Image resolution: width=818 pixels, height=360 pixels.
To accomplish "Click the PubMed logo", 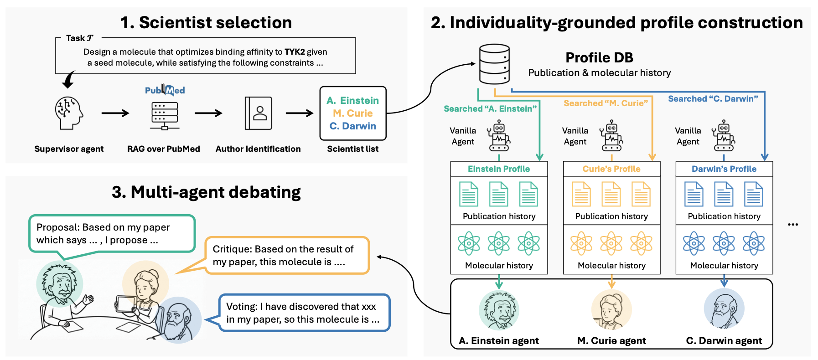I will pyautogui.click(x=165, y=90).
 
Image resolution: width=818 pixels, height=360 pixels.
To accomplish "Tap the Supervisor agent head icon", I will pyautogui.click(x=69, y=113).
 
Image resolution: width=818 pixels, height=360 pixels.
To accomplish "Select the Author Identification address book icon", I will pyautogui.click(x=258, y=113).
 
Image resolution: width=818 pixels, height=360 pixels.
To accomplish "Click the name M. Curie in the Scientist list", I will pyautogui.click(x=352, y=113).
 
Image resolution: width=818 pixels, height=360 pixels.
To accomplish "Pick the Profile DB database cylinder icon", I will pyautogui.click(x=494, y=64).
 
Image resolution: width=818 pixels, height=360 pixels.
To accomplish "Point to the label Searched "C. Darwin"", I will pyautogui.click(x=713, y=99).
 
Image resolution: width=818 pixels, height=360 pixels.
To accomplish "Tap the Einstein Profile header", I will pyautogui.click(x=499, y=169).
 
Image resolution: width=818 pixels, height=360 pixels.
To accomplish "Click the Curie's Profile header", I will pyautogui.click(x=611, y=169).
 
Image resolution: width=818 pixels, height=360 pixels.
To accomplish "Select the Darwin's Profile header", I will pyautogui.click(x=724, y=169).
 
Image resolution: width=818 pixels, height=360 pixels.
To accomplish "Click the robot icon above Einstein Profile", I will pyautogui.click(x=499, y=136).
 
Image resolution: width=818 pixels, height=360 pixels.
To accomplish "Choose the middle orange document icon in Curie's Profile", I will pyautogui.click(x=611, y=194).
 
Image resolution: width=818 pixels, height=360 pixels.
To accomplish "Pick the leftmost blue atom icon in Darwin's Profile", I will pyautogui.click(x=694, y=243).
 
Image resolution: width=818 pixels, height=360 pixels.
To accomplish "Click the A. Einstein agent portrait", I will pyautogui.click(x=499, y=310).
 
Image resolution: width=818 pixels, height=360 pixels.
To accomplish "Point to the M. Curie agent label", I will pyautogui.click(x=611, y=341).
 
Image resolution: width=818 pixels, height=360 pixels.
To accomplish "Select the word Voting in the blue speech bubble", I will pyautogui.click(x=241, y=307).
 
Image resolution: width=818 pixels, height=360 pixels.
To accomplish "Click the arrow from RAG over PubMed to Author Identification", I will pyautogui.click(x=208, y=113).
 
